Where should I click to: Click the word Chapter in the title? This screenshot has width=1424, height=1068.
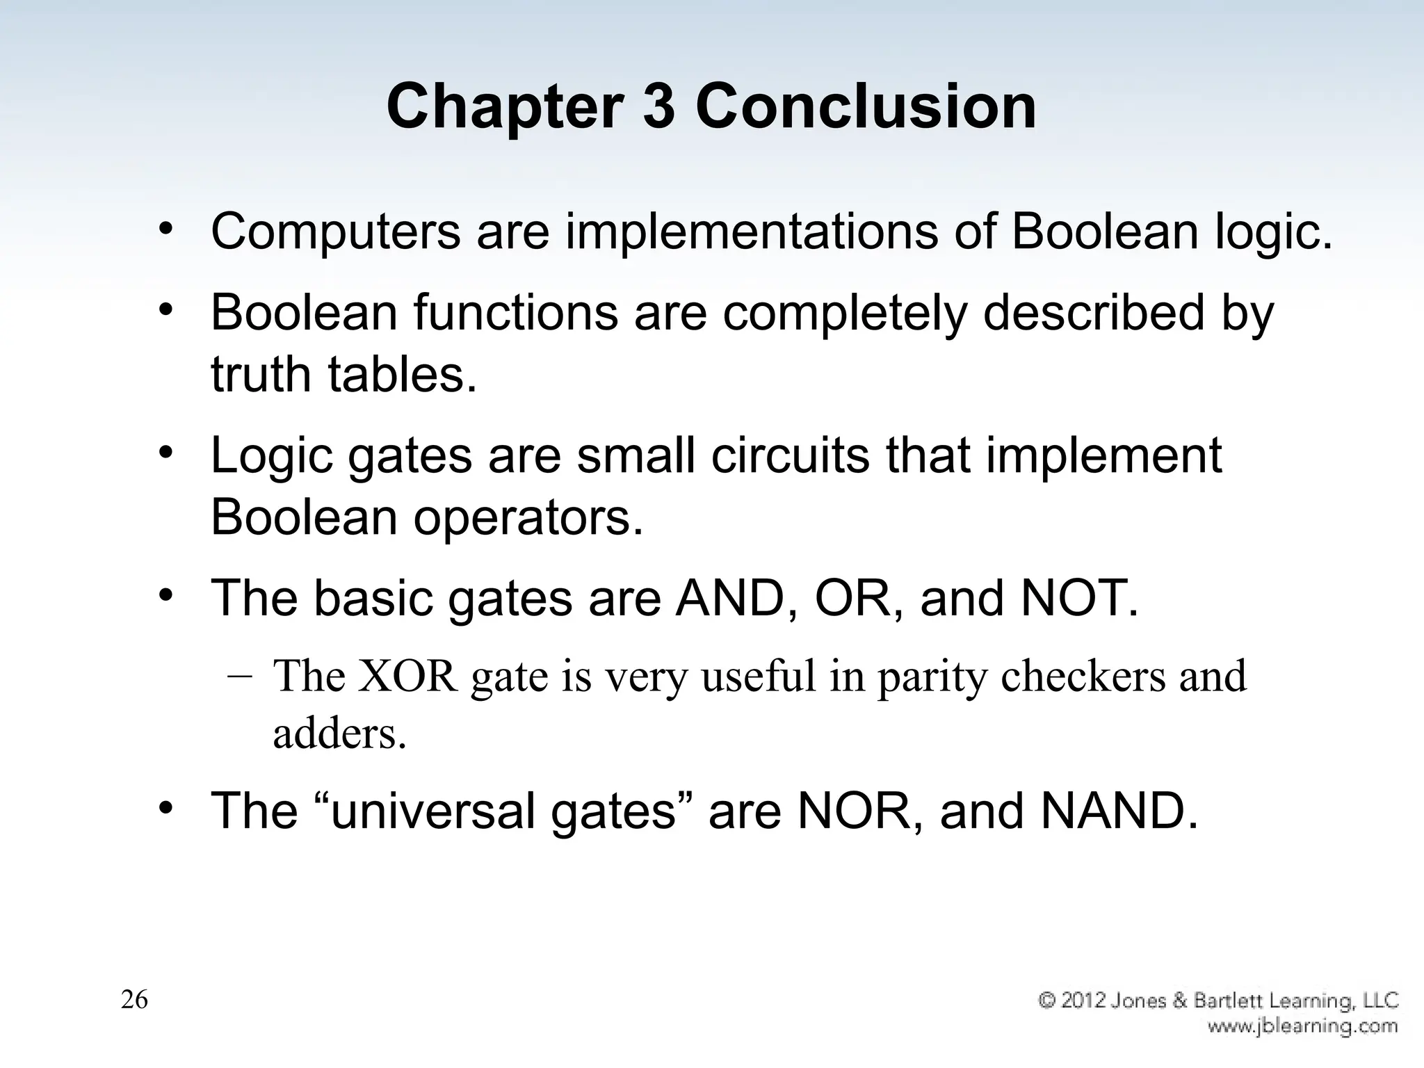[504, 108]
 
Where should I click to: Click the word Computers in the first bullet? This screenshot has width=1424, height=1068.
[335, 232]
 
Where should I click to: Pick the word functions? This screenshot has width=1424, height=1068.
[516, 312]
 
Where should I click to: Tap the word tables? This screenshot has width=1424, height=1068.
[403, 373]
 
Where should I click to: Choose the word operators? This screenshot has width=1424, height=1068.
[528, 517]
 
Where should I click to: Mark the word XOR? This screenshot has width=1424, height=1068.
[407, 676]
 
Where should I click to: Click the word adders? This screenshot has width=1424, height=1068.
[339, 734]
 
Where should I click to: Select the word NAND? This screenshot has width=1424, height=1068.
[1118, 811]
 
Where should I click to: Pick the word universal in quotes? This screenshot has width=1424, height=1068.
[432, 811]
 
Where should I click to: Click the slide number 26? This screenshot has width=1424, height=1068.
[134, 1000]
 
